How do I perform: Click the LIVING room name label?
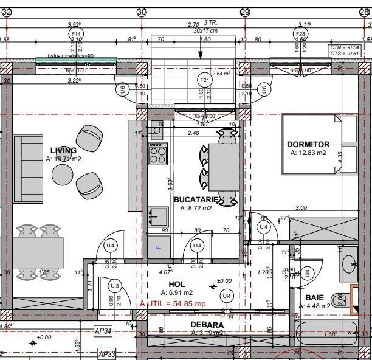(63, 150)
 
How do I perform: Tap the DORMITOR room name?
(308, 144)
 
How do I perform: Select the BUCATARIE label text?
(193, 199)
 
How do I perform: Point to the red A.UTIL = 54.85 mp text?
(173, 303)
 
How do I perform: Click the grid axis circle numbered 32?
(7, 12)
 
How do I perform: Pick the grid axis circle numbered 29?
(246, 12)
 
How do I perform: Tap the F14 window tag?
(76, 34)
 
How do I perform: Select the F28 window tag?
(300, 34)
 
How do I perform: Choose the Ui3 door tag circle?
(114, 285)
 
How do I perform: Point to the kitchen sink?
(159, 213)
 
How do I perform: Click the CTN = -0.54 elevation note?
(344, 47)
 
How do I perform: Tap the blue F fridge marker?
(159, 247)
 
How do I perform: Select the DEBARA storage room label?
(206, 325)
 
